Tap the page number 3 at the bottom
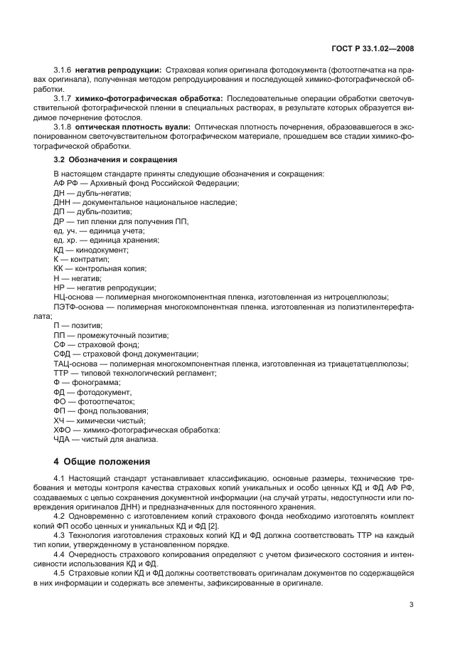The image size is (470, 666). (412, 606)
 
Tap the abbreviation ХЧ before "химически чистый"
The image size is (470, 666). (59, 421)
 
